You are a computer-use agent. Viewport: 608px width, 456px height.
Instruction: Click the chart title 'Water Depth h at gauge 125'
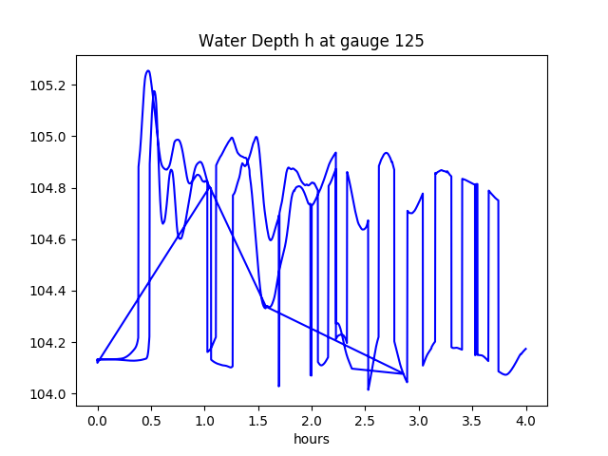(311, 41)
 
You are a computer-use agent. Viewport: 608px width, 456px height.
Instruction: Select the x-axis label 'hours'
(312, 439)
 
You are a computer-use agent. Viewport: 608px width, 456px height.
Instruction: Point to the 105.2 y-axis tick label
(48, 85)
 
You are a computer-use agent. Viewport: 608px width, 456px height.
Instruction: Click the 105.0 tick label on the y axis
(48, 137)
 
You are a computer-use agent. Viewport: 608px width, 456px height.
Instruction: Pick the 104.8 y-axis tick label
(48, 188)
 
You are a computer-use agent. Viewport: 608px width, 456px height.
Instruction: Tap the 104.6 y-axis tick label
(48, 239)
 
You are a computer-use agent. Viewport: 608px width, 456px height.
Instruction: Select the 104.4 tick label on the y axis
(48, 292)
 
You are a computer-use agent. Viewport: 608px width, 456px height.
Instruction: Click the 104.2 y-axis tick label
(48, 343)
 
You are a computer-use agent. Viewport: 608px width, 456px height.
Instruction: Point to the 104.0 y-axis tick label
(48, 394)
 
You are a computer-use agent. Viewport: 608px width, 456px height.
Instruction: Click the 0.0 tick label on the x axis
(98, 421)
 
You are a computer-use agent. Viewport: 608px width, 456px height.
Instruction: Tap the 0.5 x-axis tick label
(151, 421)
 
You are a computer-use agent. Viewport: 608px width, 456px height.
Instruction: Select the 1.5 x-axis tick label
(258, 421)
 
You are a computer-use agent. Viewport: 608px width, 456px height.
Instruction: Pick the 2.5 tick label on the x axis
(365, 421)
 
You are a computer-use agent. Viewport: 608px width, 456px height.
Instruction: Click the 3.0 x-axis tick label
(419, 421)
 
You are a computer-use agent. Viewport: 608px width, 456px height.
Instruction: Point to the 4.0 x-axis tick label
(525, 421)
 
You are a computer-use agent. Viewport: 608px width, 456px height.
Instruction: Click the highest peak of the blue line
(148, 70)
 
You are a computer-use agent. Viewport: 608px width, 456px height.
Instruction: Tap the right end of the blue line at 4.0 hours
(525, 349)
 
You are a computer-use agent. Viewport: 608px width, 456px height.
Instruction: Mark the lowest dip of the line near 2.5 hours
(368, 389)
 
